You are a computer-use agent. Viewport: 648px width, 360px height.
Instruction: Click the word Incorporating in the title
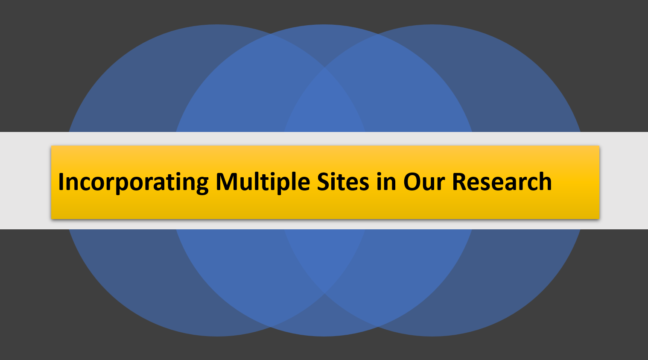click(x=133, y=183)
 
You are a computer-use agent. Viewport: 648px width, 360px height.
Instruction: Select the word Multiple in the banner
click(x=263, y=183)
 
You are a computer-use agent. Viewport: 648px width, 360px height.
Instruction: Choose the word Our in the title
click(x=424, y=182)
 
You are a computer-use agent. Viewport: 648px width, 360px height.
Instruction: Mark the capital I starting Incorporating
click(x=61, y=181)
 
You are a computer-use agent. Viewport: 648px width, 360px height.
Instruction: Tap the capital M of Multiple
click(x=228, y=181)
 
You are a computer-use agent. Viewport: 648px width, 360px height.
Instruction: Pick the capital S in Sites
click(x=324, y=182)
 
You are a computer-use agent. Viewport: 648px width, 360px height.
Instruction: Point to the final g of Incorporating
click(x=201, y=186)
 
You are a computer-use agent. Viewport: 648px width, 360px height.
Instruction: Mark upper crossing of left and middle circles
click(x=270, y=34)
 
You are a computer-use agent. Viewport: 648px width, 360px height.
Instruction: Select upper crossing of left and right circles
click(x=324, y=68)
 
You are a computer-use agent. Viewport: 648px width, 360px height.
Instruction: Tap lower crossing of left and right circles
click(x=324, y=293)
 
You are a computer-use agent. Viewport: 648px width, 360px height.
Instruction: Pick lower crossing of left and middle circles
click(x=270, y=327)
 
